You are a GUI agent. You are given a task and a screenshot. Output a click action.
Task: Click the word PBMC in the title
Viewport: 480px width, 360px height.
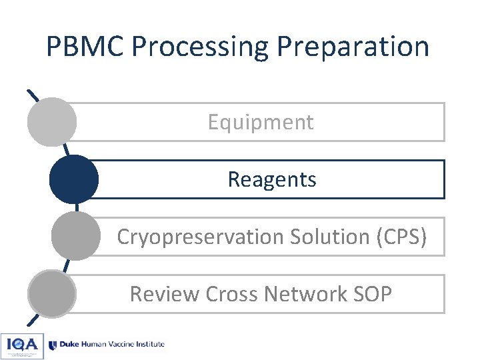[85, 47]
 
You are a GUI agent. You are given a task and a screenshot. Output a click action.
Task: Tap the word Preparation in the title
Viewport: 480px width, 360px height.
[353, 47]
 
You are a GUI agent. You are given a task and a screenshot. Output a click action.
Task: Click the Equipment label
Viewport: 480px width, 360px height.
[260, 122]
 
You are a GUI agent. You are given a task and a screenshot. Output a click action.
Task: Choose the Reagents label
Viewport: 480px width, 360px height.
[272, 179]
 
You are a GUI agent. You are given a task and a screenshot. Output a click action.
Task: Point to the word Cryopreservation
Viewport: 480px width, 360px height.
[201, 237]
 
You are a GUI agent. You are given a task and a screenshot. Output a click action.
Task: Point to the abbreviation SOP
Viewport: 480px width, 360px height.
[374, 294]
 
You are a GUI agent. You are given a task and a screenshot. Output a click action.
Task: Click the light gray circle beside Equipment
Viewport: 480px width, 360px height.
[51, 122]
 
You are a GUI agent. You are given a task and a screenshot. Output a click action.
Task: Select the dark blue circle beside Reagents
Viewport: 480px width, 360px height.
[74, 179]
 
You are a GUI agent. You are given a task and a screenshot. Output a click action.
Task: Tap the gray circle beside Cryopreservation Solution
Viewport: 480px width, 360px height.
[75, 236]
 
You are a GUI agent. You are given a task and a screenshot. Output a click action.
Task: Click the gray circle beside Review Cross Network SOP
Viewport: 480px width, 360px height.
[51, 293]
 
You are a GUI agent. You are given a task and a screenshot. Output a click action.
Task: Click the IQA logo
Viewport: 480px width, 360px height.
[22, 345]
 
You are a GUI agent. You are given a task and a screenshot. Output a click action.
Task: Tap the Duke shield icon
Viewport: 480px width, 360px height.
[53, 345]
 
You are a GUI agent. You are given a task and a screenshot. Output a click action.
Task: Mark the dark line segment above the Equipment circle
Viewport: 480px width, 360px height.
[32, 95]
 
